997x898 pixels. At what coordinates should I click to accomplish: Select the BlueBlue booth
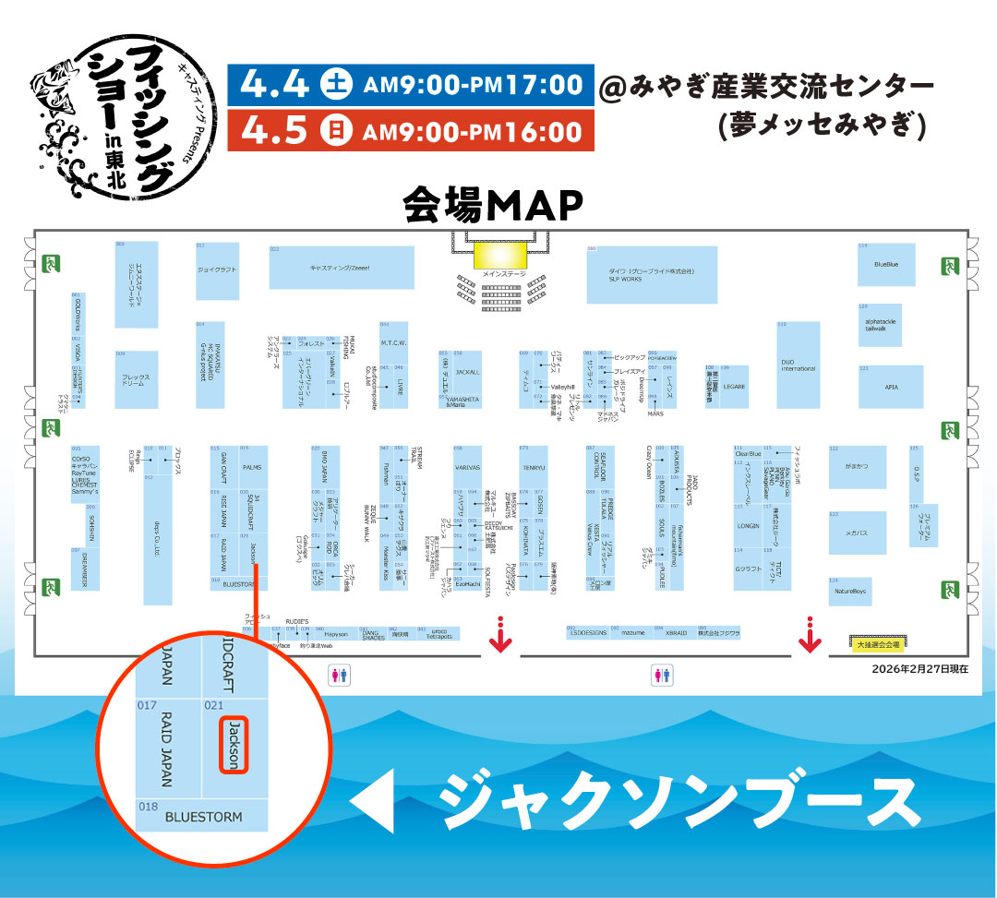pyautogui.click(x=885, y=265)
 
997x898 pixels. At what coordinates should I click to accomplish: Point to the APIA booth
pyautogui.click(x=890, y=387)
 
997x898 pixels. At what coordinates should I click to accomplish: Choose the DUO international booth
pyautogui.click(x=798, y=365)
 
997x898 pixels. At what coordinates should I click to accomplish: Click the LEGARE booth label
pyautogui.click(x=734, y=387)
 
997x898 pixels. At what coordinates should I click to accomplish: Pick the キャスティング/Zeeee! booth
pyautogui.click(x=341, y=268)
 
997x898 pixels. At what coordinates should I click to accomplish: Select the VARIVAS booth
pyautogui.click(x=468, y=468)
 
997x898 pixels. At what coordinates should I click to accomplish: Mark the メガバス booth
pyautogui.click(x=859, y=533)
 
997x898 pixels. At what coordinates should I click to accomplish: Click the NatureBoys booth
pyautogui.click(x=849, y=591)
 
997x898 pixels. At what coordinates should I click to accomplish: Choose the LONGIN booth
pyautogui.click(x=748, y=526)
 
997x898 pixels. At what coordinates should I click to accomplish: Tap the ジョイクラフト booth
pyautogui.click(x=217, y=270)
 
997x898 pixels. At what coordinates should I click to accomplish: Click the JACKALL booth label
pyautogui.click(x=468, y=372)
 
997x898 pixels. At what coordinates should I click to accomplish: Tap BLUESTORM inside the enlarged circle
pyautogui.click(x=203, y=817)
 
